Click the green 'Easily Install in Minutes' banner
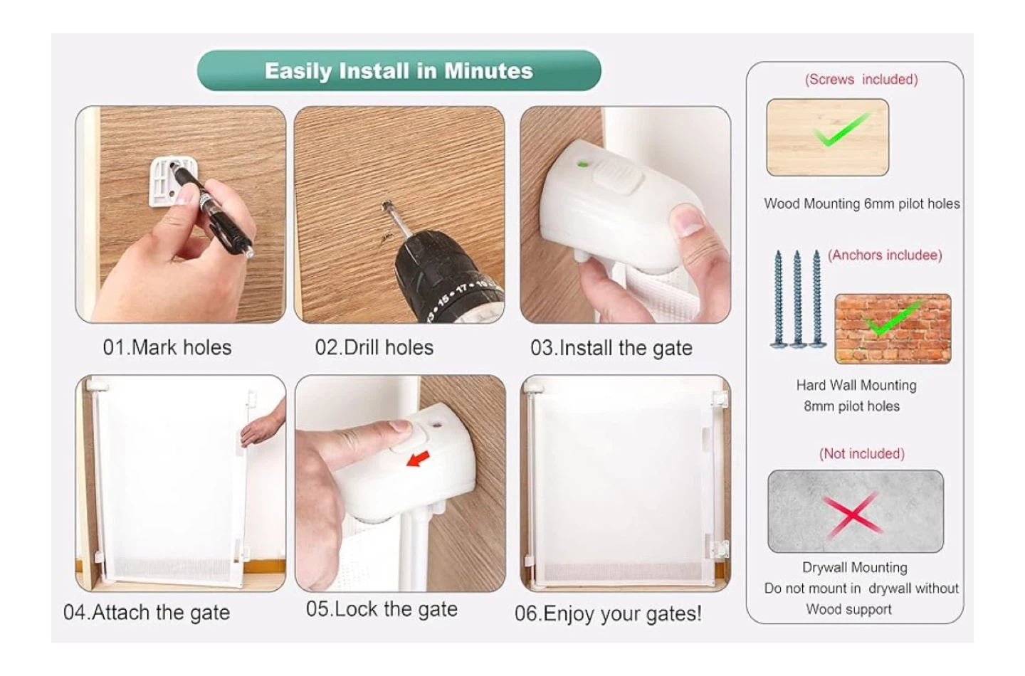click(x=399, y=70)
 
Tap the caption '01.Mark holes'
click(x=167, y=347)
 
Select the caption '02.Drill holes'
click(x=374, y=347)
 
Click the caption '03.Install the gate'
click(x=611, y=348)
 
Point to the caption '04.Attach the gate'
click(x=147, y=613)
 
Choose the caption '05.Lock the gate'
click(x=382, y=609)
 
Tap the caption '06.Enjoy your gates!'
click(x=608, y=613)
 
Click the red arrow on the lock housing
click(x=419, y=459)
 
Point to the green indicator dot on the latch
click(x=583, y=163)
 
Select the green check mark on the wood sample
click(x=841, y=130)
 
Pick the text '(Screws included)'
click(x=861, y=80)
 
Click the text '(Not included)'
click(x=861, y=454)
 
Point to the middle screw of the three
click(x=797, y=299)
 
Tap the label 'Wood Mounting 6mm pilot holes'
click(x=861, y=204)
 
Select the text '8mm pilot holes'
click(x=851, y=406)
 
